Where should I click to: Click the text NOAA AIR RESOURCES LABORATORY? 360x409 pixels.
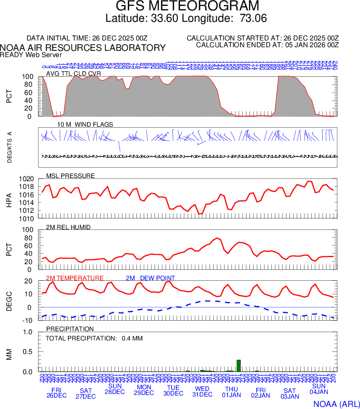click(83, 48)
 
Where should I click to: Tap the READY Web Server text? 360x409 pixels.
click(31, 54)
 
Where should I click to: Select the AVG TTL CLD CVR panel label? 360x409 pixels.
click(74, 73)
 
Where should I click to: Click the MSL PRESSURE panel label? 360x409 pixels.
click(71, 175)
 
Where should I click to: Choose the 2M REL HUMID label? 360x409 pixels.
click(68, 227)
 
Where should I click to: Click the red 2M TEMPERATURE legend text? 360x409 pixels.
click(75, 278)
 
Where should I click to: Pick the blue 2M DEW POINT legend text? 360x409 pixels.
click(150, 278)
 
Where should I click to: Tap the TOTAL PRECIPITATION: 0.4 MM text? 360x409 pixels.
click(94, 338)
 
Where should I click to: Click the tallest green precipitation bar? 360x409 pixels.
click(239, 366)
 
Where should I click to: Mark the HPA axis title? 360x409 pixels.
click(9, 199)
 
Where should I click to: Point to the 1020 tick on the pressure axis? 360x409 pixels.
click(26, 179)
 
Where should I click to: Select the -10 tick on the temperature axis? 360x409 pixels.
click(29, 320)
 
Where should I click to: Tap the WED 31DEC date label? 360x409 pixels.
click(202, 391)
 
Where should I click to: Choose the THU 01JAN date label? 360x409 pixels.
click(231, 391)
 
